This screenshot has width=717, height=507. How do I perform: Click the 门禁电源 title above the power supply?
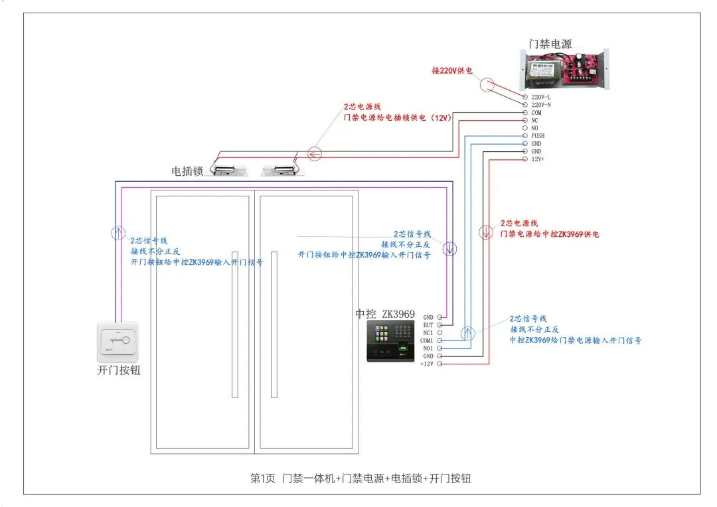pos(550,44)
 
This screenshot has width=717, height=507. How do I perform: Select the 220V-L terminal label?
pos(541,98)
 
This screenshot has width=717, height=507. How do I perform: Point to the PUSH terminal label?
pos(538,136)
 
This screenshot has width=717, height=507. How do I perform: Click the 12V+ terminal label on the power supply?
pos(538,159)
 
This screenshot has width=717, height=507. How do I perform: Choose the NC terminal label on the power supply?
pos(535,121)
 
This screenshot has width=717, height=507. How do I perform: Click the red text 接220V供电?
pos(452,70)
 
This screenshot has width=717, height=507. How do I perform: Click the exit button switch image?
pos(118,341)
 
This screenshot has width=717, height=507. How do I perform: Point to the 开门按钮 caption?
pos(119,371)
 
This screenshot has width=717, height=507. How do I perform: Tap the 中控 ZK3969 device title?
pos(385,314)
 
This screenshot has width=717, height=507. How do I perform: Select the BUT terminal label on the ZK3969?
pos(428,325)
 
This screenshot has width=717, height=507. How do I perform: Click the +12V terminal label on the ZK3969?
pos(426,364)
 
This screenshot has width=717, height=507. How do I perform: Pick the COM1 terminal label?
pos(426,340)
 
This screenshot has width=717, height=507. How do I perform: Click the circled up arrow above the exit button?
pos(117,232)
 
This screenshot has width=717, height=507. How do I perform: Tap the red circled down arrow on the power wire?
pos(486,232)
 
